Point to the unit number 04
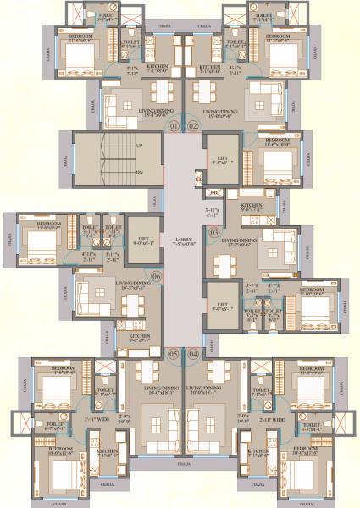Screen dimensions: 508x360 (x=193, y=353)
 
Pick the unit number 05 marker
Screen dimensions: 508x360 (x=174, y=353)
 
